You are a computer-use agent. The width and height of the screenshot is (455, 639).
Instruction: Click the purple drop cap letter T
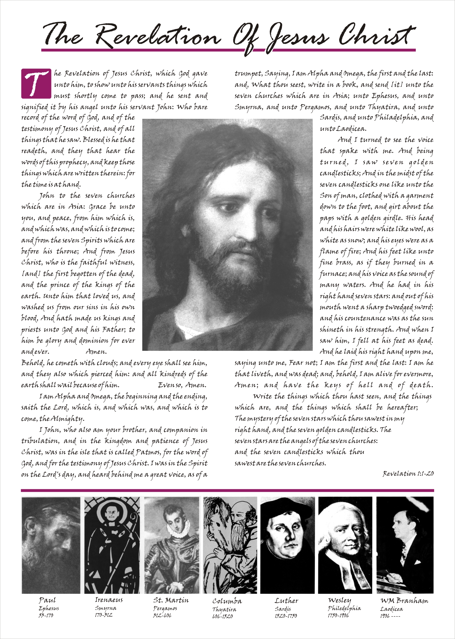click(x=36, y=83)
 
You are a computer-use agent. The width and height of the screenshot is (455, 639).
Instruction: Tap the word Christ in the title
click(x=377, y=35)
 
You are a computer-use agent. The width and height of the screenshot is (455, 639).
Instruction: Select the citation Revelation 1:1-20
click(x=408, y=474)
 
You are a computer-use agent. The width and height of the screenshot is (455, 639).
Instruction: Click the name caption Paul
click(x=47, y=600)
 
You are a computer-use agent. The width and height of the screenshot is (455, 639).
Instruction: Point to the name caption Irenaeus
click(x=109, y=600)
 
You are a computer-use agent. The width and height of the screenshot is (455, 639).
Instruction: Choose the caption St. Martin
click(x=171, y=600)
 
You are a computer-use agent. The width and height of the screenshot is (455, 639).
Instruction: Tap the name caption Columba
click(x=227, y=601)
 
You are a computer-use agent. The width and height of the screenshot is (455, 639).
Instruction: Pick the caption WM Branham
click(x=404, y=601)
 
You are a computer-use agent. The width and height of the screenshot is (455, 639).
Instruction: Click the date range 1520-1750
click(x=286, y=616)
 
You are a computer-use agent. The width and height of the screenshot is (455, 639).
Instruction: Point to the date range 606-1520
click(x=222, y=616)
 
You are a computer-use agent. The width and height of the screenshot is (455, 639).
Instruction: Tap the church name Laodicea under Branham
click(x=391, y=609)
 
